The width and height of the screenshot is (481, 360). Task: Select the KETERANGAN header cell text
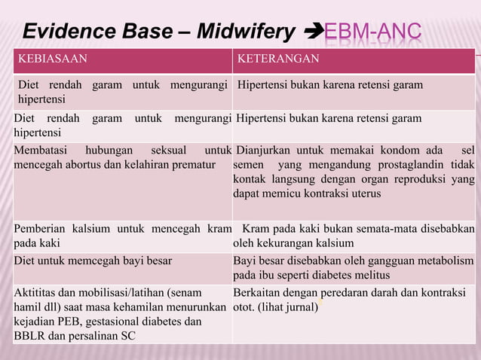278,59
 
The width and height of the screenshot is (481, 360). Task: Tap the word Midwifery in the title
245,32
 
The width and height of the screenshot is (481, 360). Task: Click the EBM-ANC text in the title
372,32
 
